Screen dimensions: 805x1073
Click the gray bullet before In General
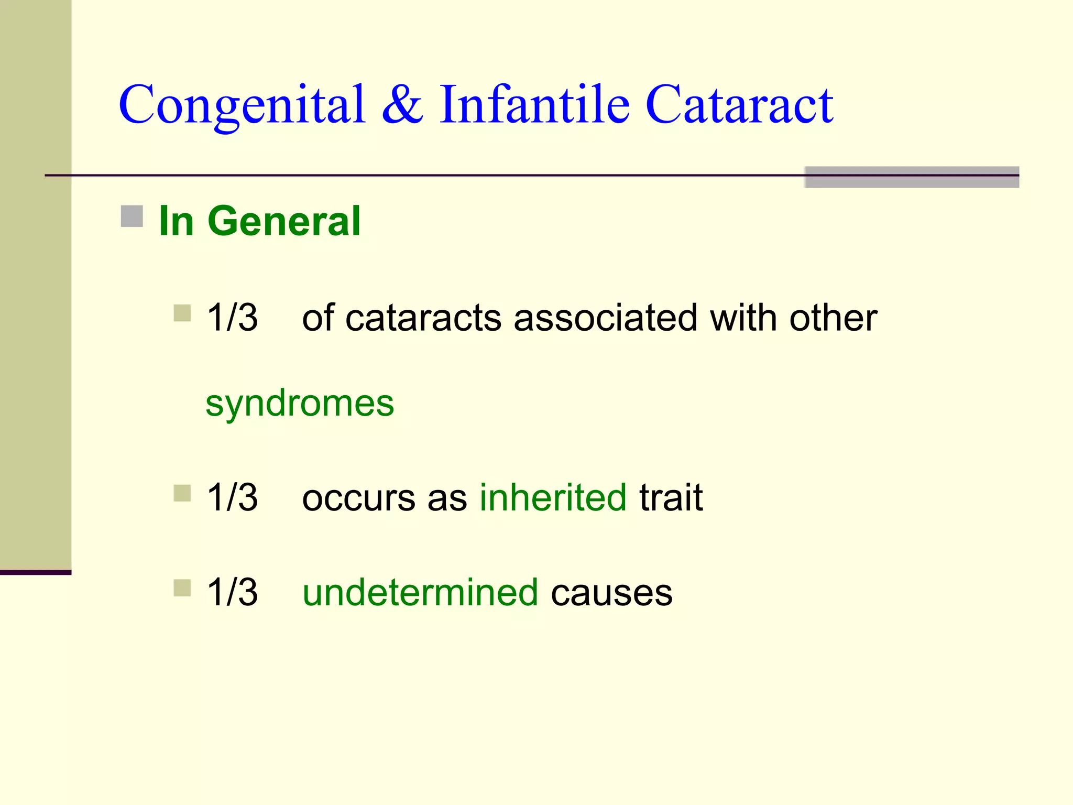click(x=132, y=216)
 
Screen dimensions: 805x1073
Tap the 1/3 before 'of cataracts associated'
click(x=232, y=318)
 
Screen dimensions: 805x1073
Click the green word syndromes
click(x=300, y=404)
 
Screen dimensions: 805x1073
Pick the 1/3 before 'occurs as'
click(x=232, y=497)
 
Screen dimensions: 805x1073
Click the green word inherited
click(x=553, y=497)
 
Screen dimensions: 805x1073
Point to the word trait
click(x=671, y=497)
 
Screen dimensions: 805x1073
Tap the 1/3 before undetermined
click(x=232, y=593)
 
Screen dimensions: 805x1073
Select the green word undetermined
click(x=420, y=593)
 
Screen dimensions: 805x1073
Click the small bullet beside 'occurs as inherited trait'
click(x=182, y=493)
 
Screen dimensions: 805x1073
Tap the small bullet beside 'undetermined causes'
click(x=182, y=588)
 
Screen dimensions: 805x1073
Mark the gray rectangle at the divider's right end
click(x=911, y=177)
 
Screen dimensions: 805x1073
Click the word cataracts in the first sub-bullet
click(x=423, y=319)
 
